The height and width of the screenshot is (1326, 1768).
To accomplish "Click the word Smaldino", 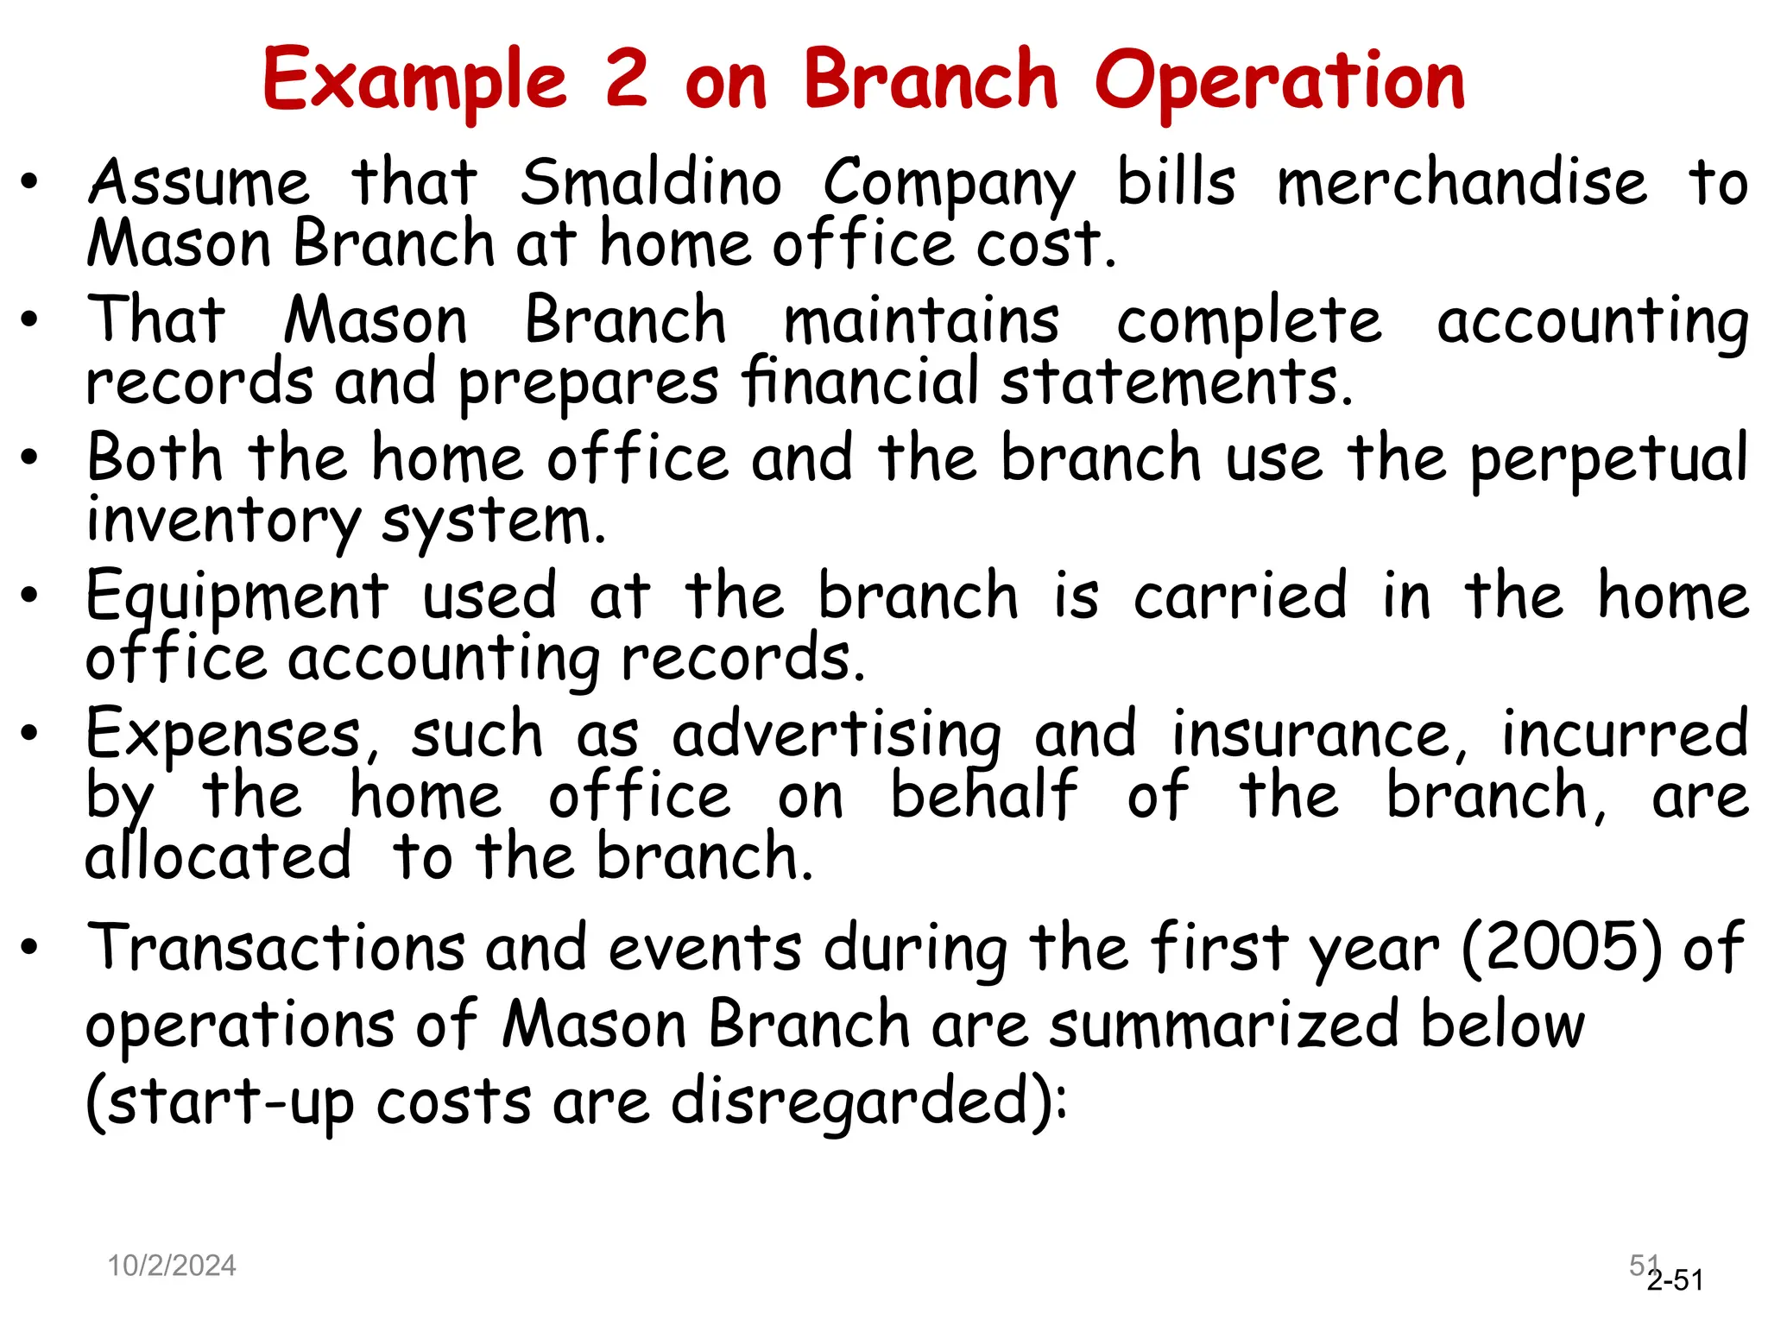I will pos(651,183).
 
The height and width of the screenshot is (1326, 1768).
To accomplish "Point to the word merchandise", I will pos(1462,183).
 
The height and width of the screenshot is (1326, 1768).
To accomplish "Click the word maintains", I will pos(921,321).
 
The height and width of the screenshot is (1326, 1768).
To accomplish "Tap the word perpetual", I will pos(1608,459).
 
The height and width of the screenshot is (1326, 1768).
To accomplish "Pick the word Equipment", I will pos(237,597).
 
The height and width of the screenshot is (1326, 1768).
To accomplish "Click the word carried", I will pos(1240,596).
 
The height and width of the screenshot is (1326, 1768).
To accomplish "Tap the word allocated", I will pos(218,856).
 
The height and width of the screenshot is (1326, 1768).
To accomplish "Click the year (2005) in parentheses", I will pos(1561,947).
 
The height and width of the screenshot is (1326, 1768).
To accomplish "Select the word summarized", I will pos(1223,1025).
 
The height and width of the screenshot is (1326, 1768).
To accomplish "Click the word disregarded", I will pos(868,1102).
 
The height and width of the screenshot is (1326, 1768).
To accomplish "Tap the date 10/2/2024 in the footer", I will pos(171,1266).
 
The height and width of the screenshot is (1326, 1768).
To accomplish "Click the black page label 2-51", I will pos(1675,1280).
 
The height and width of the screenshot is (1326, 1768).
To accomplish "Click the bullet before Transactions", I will pos(30,948).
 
